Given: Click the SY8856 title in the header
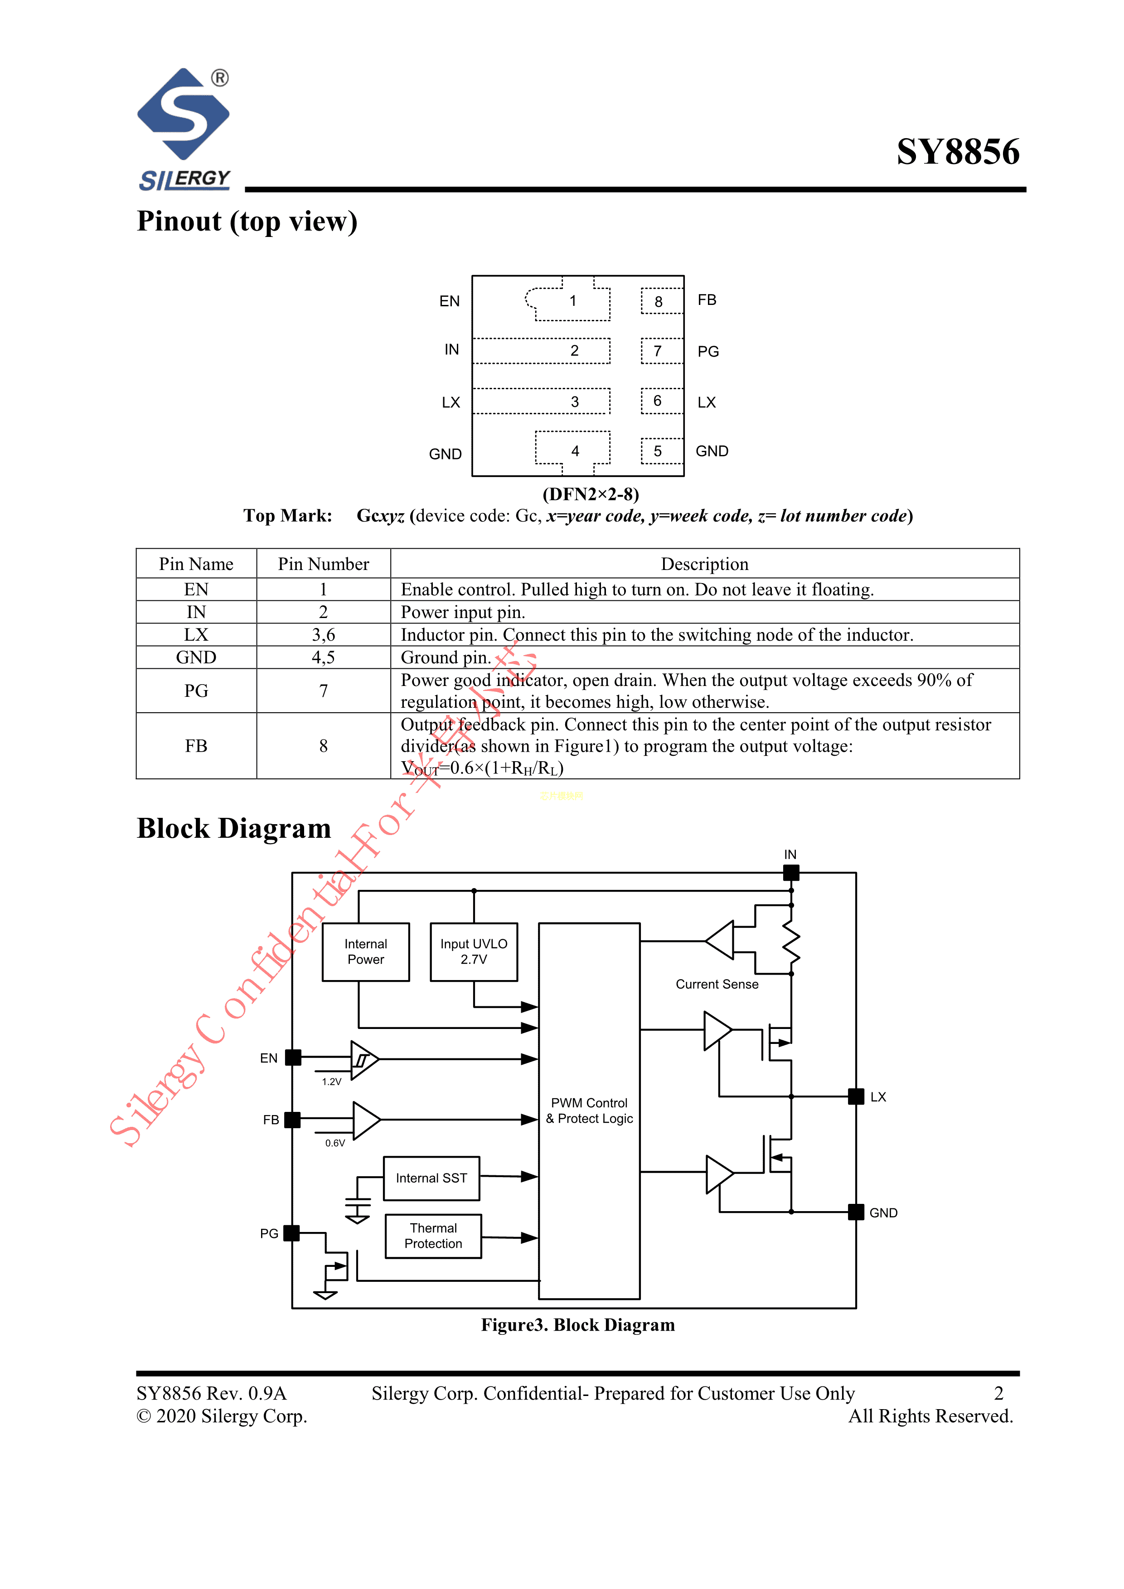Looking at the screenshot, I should pos(957,152).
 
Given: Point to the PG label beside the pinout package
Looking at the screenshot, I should pos(708,352).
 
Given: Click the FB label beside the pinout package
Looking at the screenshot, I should pos(707,299).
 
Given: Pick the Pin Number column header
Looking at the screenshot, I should pos(323,564).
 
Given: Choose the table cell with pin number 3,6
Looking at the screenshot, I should pos(323,635).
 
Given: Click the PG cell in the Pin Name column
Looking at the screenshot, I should pos(196,691).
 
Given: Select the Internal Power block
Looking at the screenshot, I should pos(365,951).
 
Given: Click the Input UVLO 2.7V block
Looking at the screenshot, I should pos(474,951).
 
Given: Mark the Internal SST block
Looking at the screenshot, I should pos(431,1178).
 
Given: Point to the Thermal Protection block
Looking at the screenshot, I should pos(433,1236).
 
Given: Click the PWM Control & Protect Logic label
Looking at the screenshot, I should pos(589,1110).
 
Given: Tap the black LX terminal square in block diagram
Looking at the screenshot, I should pos(856,1096).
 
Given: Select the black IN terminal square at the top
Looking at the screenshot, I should pos(791,873).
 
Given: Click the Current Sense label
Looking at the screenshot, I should pos(717,984).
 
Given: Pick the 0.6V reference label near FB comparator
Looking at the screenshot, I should pos(335,1143).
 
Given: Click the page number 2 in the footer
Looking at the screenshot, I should pos(998,1393).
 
